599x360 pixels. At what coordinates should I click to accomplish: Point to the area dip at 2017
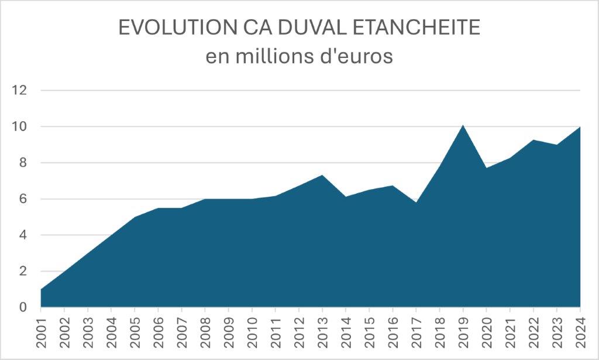[416, 203]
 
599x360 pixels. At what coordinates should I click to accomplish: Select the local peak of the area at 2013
[322, 175]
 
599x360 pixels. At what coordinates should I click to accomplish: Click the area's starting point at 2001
[41, 289]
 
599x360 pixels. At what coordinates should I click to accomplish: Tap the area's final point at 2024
[580, 127]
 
